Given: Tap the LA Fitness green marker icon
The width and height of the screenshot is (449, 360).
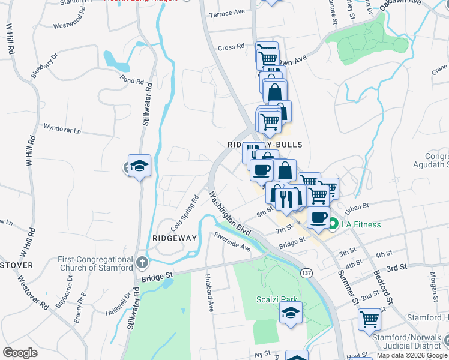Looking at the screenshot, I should coord(333,225).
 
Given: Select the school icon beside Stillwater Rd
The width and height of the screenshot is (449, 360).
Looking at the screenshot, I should coord(139,166).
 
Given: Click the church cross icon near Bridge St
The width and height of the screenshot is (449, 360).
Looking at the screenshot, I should coord(142,262).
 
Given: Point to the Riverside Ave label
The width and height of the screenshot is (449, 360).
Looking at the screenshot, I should coord(232,241).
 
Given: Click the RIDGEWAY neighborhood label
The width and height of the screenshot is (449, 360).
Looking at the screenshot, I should coord(175,238).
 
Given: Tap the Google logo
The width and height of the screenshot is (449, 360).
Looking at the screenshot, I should coord(20,353).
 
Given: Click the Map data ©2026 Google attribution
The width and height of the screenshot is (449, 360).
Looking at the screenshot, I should coord(412,355).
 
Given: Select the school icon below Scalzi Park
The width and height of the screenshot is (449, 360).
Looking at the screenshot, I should coord(291,313).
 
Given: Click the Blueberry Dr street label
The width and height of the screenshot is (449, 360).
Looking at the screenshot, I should coord(44,65).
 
